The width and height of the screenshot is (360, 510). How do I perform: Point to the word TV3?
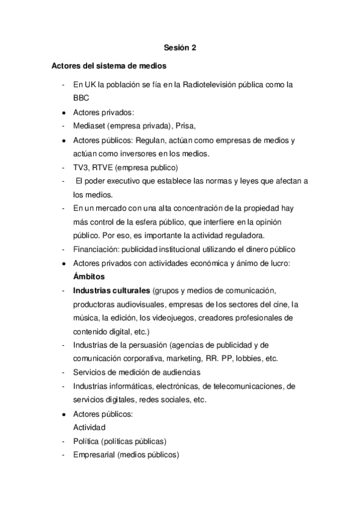[x=81, y=167]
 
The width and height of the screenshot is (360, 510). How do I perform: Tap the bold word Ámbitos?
[x=89, y=277]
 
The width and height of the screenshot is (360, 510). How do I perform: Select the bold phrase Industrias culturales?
[x=111, y=290]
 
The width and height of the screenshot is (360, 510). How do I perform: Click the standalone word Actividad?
[x=89, y=428]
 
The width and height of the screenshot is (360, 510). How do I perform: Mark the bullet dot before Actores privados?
[x=63, y=113]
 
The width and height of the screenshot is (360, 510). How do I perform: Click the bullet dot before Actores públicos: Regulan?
[x=63, y=141]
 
